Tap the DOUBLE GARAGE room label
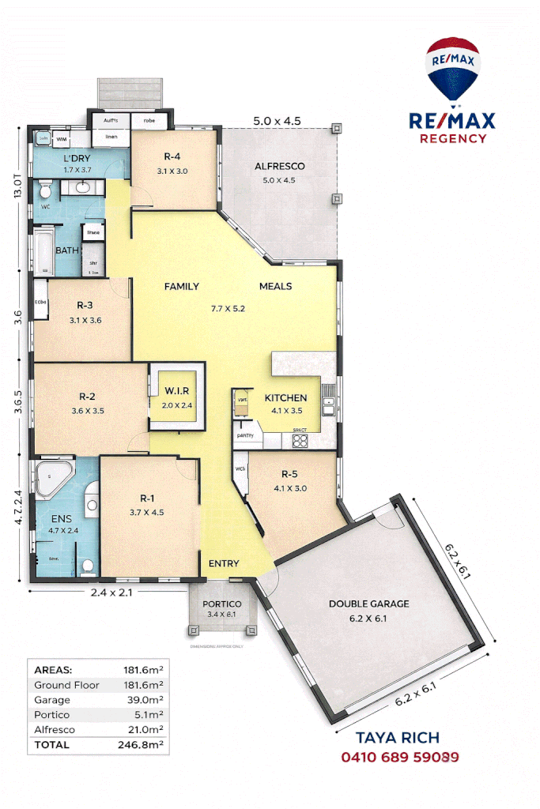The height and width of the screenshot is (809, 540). coord(369,604)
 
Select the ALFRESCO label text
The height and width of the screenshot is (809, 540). coord(279,167)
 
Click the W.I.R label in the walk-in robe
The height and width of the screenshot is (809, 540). coord(178,392)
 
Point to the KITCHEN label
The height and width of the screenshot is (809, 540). coord(285,398)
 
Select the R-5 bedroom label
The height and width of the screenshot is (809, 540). coord(289,475)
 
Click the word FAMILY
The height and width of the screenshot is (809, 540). coord(181,287)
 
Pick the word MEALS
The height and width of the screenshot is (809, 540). coord(275,287)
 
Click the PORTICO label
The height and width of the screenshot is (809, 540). coord(221,604)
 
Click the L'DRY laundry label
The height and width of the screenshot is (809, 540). coord(77,159)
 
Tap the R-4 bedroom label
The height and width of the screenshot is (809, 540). coord(173,157)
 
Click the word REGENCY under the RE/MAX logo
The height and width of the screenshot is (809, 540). coord(451,138)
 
